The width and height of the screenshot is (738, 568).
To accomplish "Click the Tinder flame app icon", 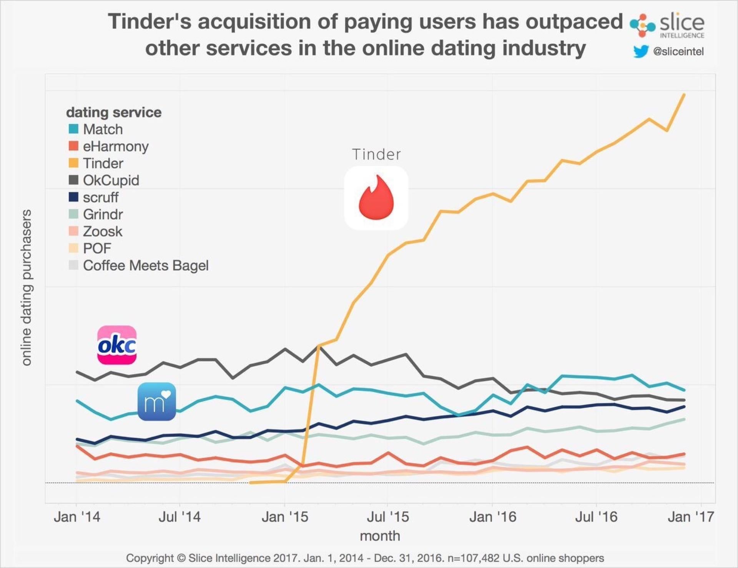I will [376, 198].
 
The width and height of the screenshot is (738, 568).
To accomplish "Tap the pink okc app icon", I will [117, 345].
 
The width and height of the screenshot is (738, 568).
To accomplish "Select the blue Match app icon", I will [157, 401].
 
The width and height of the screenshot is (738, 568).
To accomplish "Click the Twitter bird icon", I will [641, 51].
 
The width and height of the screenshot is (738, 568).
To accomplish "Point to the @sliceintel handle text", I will [678, 52].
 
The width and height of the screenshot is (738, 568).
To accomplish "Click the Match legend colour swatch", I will [73, 129].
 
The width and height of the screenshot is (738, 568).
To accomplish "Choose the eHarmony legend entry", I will [115, 146].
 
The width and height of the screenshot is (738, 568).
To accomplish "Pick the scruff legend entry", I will [100, 197].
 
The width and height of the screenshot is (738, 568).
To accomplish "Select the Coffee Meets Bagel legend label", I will [146, 265].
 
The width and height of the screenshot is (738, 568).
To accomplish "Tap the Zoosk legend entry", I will [102, 231].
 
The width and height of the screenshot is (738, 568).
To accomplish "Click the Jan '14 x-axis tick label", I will [77, 516].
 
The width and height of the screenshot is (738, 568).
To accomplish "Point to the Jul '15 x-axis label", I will [387, 516].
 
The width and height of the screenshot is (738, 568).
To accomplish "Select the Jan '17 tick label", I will [691, 516].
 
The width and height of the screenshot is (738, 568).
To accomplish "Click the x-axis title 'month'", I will [380, 536].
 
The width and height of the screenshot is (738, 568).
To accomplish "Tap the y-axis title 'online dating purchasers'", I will [26, 287].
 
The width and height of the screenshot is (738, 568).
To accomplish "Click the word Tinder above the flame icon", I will [376, 155].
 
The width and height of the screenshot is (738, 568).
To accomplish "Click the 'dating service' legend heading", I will [114, 112].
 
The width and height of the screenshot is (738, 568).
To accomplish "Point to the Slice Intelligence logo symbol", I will [642, 25].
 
